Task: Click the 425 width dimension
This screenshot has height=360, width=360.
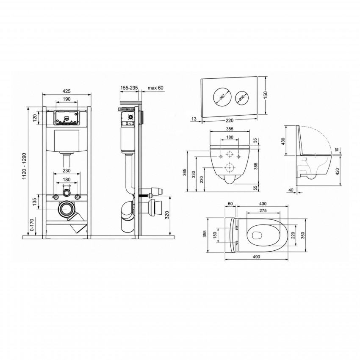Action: click(x=66, y=91)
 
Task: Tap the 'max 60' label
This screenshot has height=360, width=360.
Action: click(x=155, y=88)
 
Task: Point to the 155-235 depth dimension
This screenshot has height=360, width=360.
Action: click(x=129, y=88)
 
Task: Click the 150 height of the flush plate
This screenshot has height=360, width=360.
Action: click(x=266, y=95)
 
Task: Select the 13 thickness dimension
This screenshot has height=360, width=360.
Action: click(x=194, y=119)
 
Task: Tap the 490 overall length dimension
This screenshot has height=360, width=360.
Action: click(x=257, y=257)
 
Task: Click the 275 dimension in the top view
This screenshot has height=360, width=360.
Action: click(x=263, y=210)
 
